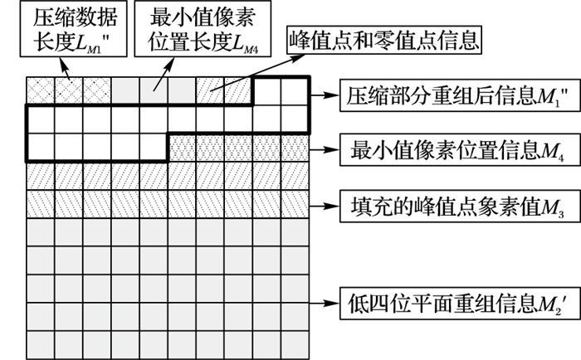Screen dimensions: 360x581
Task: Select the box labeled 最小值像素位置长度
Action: [x=190, y=30]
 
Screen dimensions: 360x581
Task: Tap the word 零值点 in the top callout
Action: [x=403, y=38]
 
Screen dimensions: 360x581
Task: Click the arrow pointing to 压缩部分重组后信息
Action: [x=322, y=92]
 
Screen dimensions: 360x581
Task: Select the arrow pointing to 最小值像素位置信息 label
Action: [x=322, y=150]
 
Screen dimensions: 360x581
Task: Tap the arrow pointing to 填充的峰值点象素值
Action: [x=322, y=202]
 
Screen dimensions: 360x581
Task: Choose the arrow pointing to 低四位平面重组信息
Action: [x=322, y=295]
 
